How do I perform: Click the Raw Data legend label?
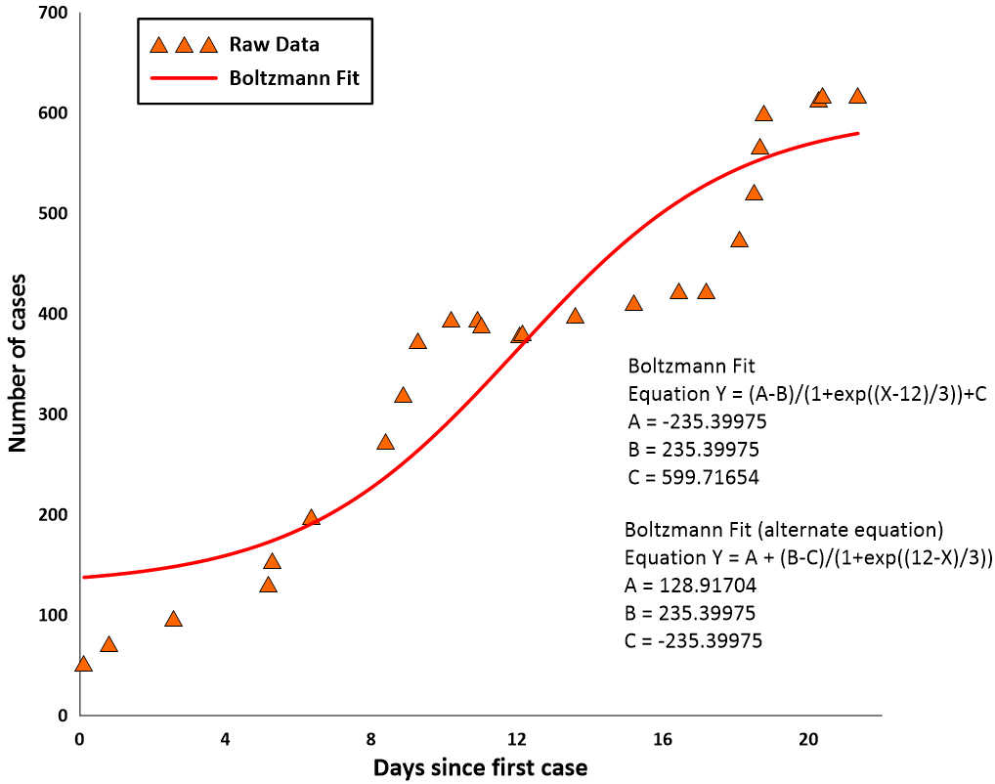pos(274,45)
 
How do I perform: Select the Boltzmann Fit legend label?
pos(294,77)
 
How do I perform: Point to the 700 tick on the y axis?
pos(48,13)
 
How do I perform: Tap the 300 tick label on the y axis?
pos(48,414)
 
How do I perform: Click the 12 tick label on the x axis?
pos(517,738)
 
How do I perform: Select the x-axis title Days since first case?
pos(480,767)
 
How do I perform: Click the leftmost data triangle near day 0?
pos(83,664)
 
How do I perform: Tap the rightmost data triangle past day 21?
pos(857,96)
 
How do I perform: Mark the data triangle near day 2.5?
pos(173,619)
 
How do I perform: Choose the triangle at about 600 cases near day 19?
pos(763,113)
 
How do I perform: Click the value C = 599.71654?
pos(694,478)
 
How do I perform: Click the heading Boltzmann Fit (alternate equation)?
pos(784,531)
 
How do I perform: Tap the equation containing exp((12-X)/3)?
pos(808,558)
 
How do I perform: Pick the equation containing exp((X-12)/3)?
pos(810,395)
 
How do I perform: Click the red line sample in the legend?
pos(183,77)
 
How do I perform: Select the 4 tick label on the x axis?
pos(226,738)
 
